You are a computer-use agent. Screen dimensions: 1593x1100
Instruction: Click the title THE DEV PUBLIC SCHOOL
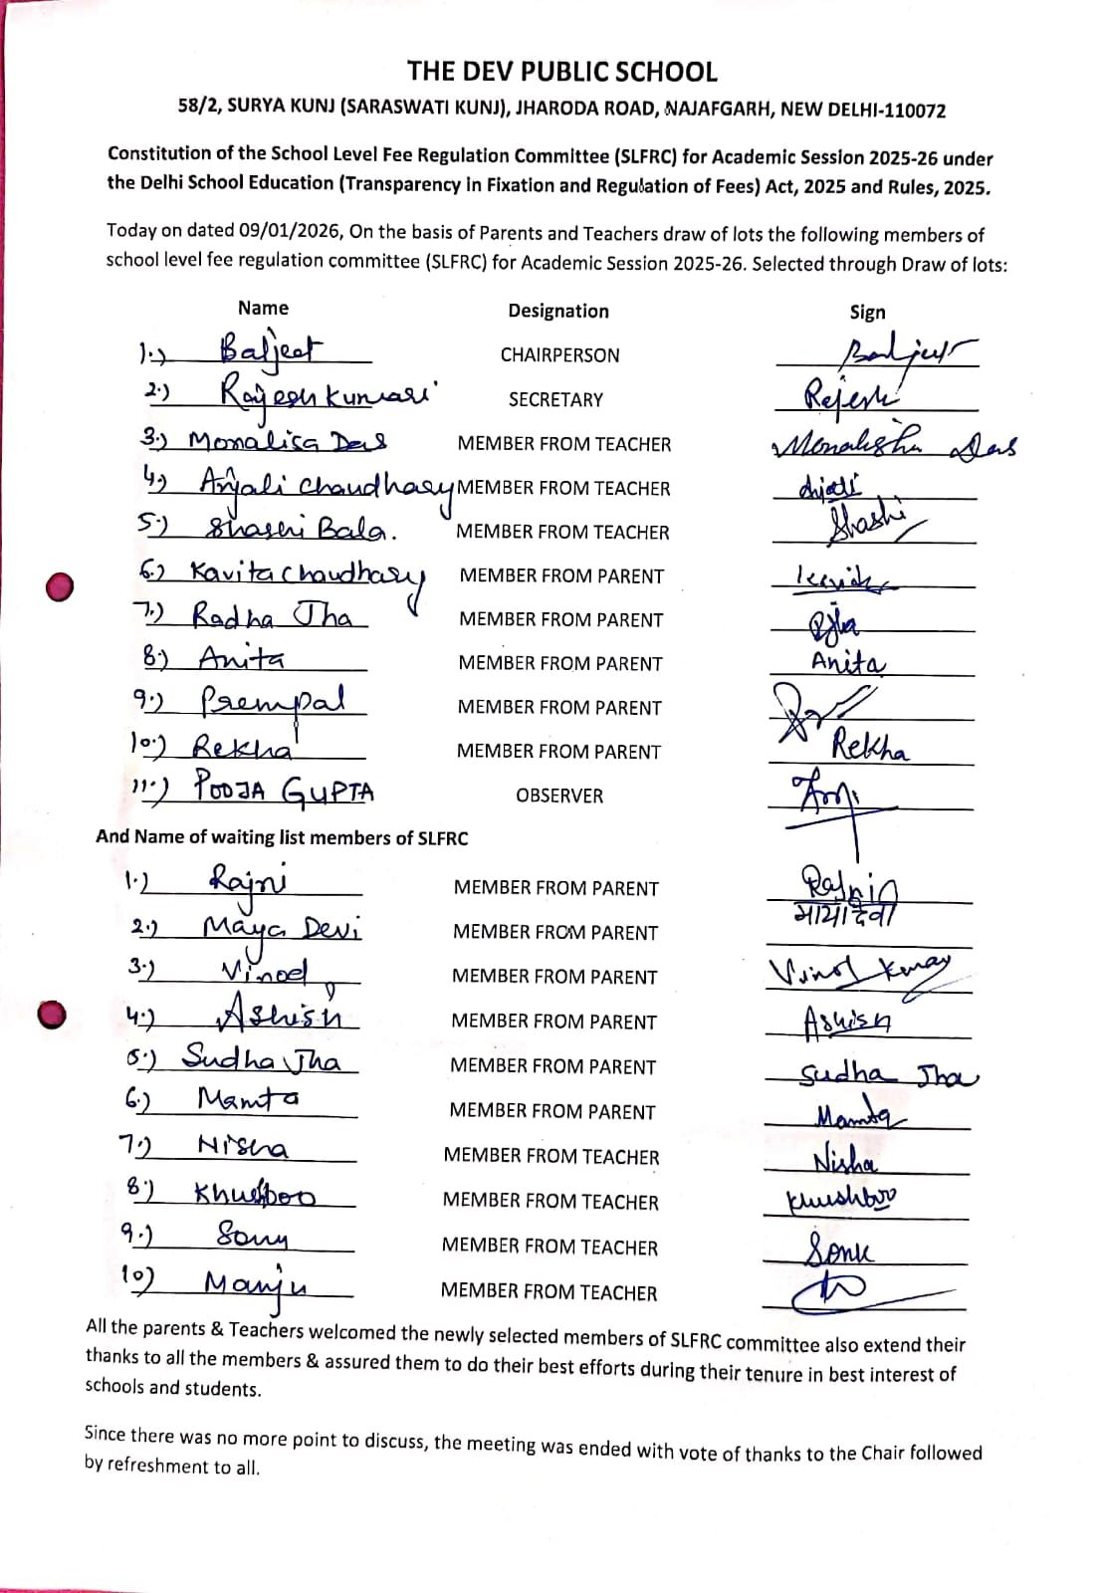click(561, 72)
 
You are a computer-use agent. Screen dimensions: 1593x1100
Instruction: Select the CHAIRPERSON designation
click(559, 355)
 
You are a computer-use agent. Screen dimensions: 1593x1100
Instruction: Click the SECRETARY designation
click(555, 399)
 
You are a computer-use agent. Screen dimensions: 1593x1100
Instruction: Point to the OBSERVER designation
click(558, 796)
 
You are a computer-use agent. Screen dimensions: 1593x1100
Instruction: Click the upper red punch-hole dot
click(61, 586)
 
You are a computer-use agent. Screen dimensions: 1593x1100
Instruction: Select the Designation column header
click(558, 311)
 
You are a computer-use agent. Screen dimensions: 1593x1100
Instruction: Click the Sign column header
click(867, 312)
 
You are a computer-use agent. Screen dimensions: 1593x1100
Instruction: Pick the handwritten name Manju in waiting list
click(256, 1283)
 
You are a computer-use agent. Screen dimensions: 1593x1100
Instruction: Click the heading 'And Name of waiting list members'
click(282, 837)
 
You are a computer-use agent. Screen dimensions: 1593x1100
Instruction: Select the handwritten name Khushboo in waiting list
click(255, 1193)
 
